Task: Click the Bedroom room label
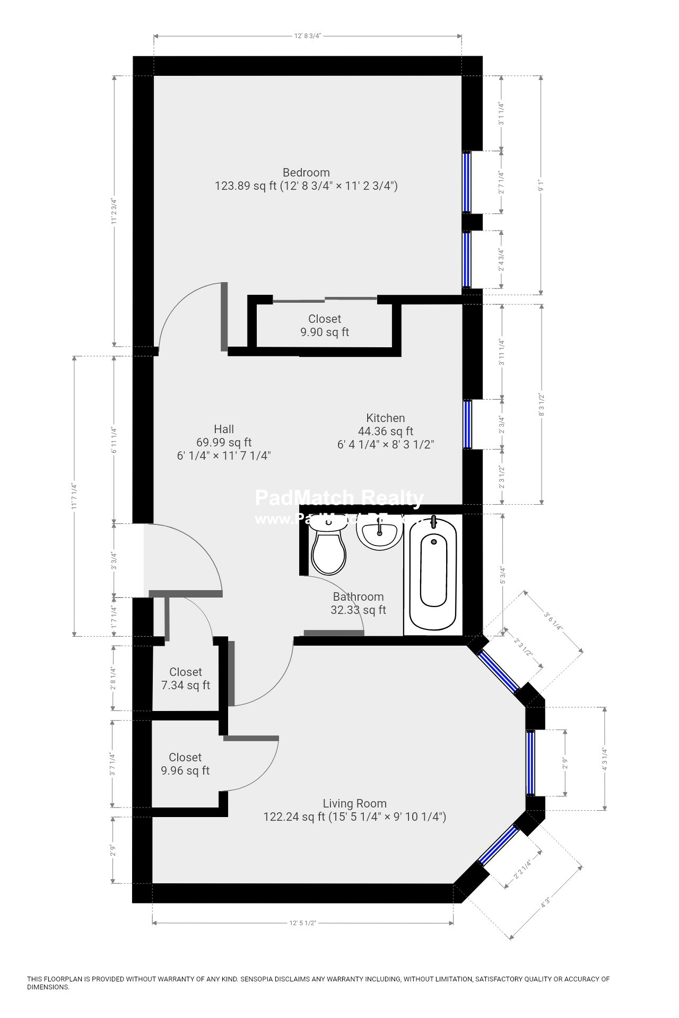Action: pos(306,173)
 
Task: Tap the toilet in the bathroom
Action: pos(329,549)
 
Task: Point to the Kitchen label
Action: pos(386,418)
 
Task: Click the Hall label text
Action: pos(224,429)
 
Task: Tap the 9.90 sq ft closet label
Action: pos(325,326)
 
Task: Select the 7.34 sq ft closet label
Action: pos(186,679)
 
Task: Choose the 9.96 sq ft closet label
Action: pos(185,764)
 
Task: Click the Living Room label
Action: pos(355,803)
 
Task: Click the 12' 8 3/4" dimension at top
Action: pos(308,36)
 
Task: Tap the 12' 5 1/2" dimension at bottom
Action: pos(303,923)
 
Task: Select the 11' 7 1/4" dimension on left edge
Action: pos(74,496)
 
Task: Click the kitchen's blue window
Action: pos(467,424)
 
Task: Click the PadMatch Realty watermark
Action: pos(339,498)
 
